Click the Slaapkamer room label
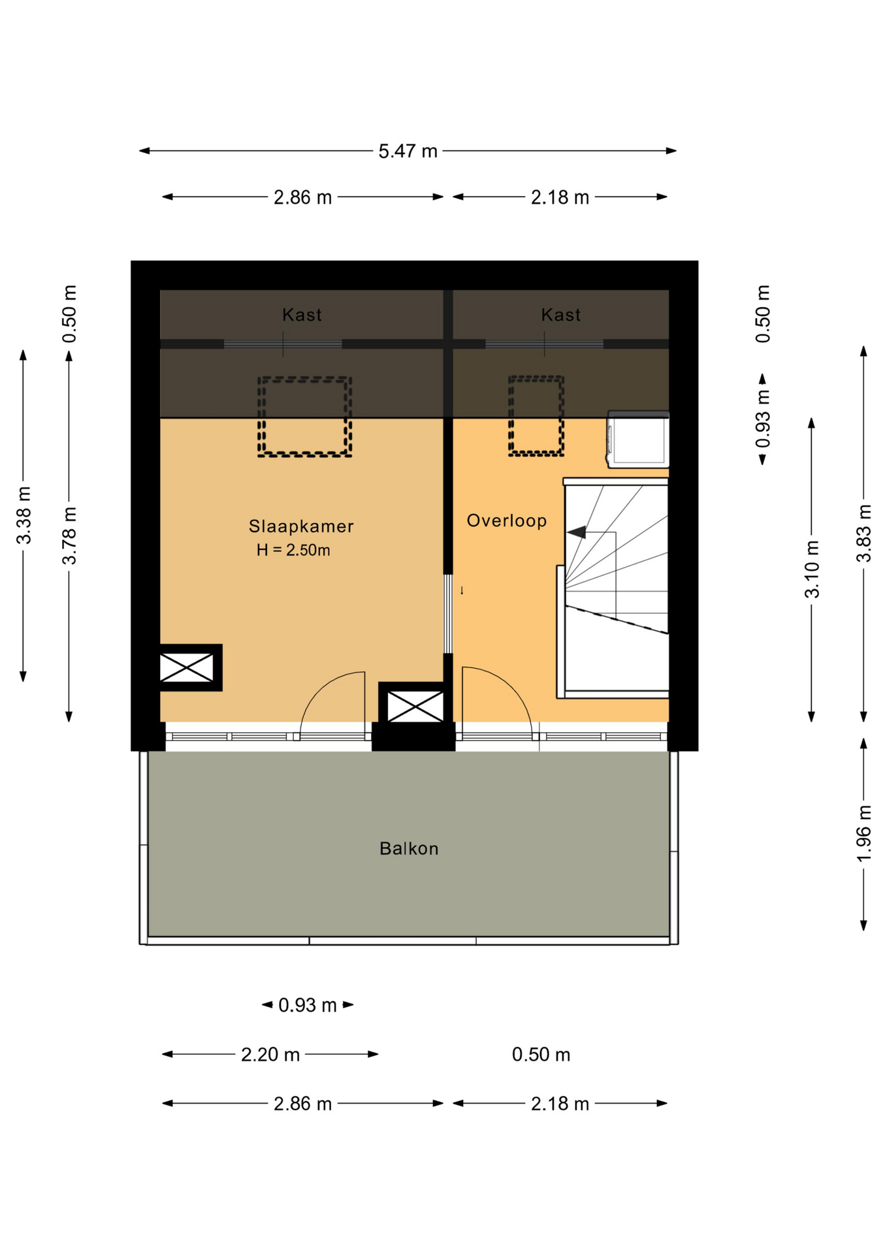[x=301, y=526]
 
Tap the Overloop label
[x=506, y=521]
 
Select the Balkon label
[x=409, y=848]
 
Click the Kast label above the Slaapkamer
[x=302, y=315]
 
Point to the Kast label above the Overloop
[x=560, y=315]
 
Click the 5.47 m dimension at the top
[x=408, y=151]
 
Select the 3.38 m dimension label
[x=24, y=515]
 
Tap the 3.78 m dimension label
[x=69, y=535]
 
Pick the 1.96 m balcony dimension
[x=863, y=834]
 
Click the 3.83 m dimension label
[x=863, y=533]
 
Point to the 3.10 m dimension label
[x=811, y=569]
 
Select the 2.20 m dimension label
[x=270, y=1055]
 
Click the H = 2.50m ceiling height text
[x=293, y=550]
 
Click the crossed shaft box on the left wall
[x=187, y=667]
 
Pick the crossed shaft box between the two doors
[x=415, y=706]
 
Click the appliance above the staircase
[x=638, y=440]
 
